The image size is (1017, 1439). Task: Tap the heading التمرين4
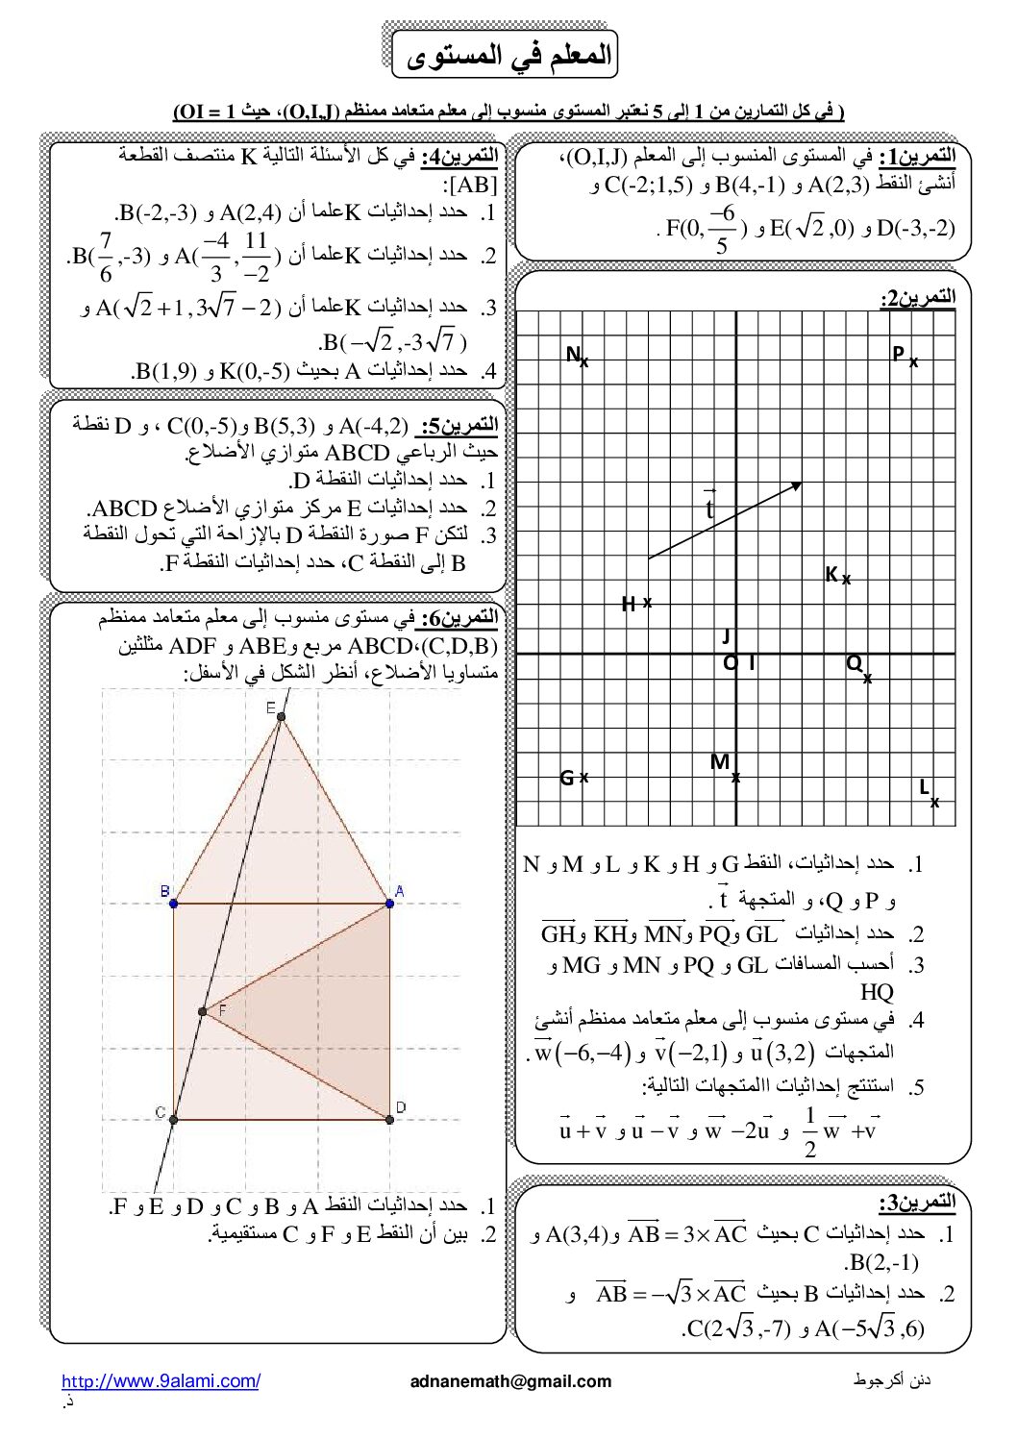(x=464, y=155)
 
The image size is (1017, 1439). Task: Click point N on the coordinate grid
(x=583, y=362)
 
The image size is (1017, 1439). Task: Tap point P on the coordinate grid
(x=913, y=362)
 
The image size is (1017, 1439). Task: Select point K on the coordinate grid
(x=846, y=580)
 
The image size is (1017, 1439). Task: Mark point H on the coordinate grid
(x=647, y=602)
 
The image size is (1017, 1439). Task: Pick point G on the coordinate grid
(x=583, y=777)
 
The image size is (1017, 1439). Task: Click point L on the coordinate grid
(x=934, y=802)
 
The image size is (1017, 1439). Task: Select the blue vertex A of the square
(x=390, y=903)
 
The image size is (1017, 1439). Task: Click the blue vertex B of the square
(x=173, y=903)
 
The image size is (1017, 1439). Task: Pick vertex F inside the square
(x=202, y=1011)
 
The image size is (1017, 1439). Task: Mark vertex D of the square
(x=390, y=1119)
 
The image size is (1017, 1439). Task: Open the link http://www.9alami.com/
(x=161, y=1381)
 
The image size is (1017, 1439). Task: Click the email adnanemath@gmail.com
(x=510, y=1381)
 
